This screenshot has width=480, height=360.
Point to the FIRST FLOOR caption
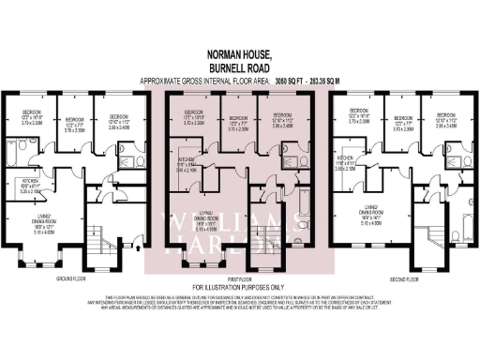coord(239,278)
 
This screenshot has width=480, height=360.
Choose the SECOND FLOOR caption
coord(403,278)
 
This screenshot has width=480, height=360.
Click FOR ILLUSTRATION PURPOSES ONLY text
coord(239,286)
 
